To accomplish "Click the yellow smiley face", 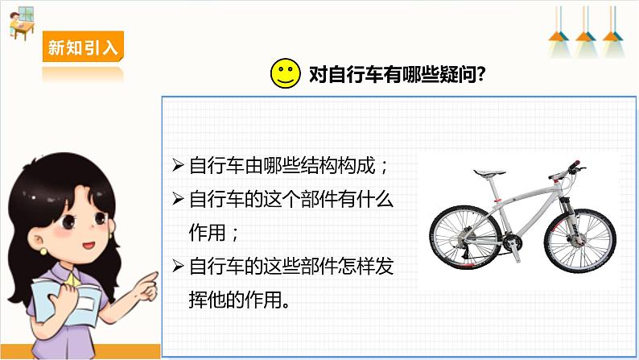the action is coord(285,73).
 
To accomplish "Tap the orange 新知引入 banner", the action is coord(83,47).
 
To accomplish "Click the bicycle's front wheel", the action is coord(580,239).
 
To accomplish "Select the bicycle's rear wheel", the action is coord(465,238).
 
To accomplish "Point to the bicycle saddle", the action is coord(489,173).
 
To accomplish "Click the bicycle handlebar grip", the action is coord(574,165).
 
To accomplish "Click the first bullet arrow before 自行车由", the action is coord(178,166).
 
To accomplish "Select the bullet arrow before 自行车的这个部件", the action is coord(178,199).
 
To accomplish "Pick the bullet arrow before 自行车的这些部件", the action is coord(178,266).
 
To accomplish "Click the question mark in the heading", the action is coord(480,74).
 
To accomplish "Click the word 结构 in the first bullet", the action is coord(318,166).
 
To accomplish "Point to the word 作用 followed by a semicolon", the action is coord(207,233).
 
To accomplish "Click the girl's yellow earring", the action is coord(43,251).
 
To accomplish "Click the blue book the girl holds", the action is coord(68,301).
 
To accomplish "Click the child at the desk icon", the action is coord(21,23).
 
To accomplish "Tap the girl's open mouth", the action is coord(89,246).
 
